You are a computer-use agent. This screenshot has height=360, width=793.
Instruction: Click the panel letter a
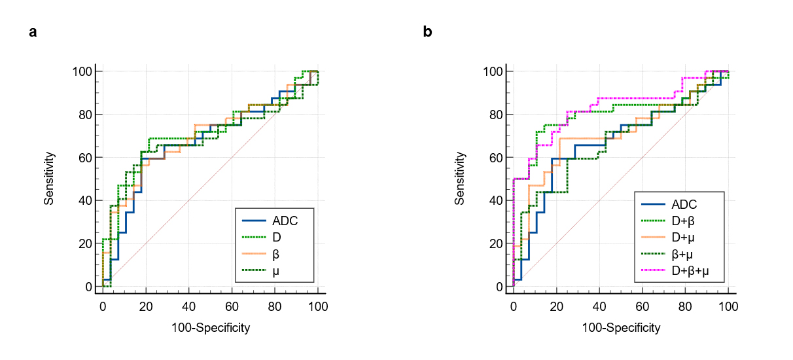(x=33, y=31)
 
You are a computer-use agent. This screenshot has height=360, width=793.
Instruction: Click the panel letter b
(x=427, y=31)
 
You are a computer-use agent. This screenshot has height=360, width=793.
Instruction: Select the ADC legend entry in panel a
(x=285, y=221)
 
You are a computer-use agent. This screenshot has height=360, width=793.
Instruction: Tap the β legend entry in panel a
(x=275, y=253)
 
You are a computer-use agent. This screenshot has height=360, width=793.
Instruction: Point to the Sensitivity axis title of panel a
(x=48, y=179)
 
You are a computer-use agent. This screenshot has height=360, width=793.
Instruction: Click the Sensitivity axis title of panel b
(x=460, y=179)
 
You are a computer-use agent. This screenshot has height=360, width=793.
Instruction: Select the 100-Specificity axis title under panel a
(x=210, y=327)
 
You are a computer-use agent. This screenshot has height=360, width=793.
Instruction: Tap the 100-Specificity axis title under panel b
(x=621, y=327)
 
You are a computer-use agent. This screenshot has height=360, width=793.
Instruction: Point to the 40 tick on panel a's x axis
(x=188, y=306)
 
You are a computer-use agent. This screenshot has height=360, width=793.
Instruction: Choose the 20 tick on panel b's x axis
(x=556, y=306)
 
